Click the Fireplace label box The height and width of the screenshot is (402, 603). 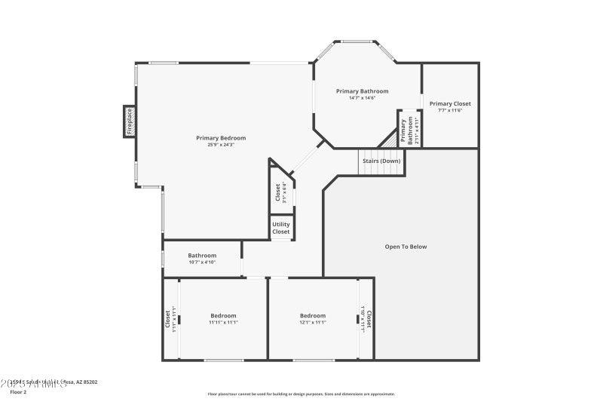(x=129, y=121)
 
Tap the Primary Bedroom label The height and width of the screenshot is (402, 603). (x=221, y=138)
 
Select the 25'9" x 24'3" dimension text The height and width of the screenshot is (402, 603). (x=221, y=145)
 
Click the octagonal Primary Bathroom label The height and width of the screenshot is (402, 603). (x=362, y=91)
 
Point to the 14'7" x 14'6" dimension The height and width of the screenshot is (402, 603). (x=362, y=98)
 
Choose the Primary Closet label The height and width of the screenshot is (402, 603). (x=450, y=103)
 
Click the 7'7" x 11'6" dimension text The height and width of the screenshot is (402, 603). (x=450, y=110)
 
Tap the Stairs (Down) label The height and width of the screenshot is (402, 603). (x=381, y=161)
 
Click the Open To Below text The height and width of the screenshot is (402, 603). (x=406, y=247)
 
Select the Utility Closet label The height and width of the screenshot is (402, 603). (x=280, y=228)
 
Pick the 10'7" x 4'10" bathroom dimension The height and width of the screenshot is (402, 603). (x=202, y=262)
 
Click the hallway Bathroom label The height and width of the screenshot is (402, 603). (x=202, y=255)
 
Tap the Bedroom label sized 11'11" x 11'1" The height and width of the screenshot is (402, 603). (x=223, y=315)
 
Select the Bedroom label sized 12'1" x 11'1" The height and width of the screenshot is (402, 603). (x=313, y=315)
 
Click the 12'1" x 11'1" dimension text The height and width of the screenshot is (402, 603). (x=313, y=322)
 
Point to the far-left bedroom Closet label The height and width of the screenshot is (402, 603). (x=167, y=320)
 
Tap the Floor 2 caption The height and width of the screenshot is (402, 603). (x=18, y=392)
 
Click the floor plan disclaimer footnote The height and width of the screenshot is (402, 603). (x=301, y=394)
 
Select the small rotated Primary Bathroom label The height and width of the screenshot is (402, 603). (x=404, y=130)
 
